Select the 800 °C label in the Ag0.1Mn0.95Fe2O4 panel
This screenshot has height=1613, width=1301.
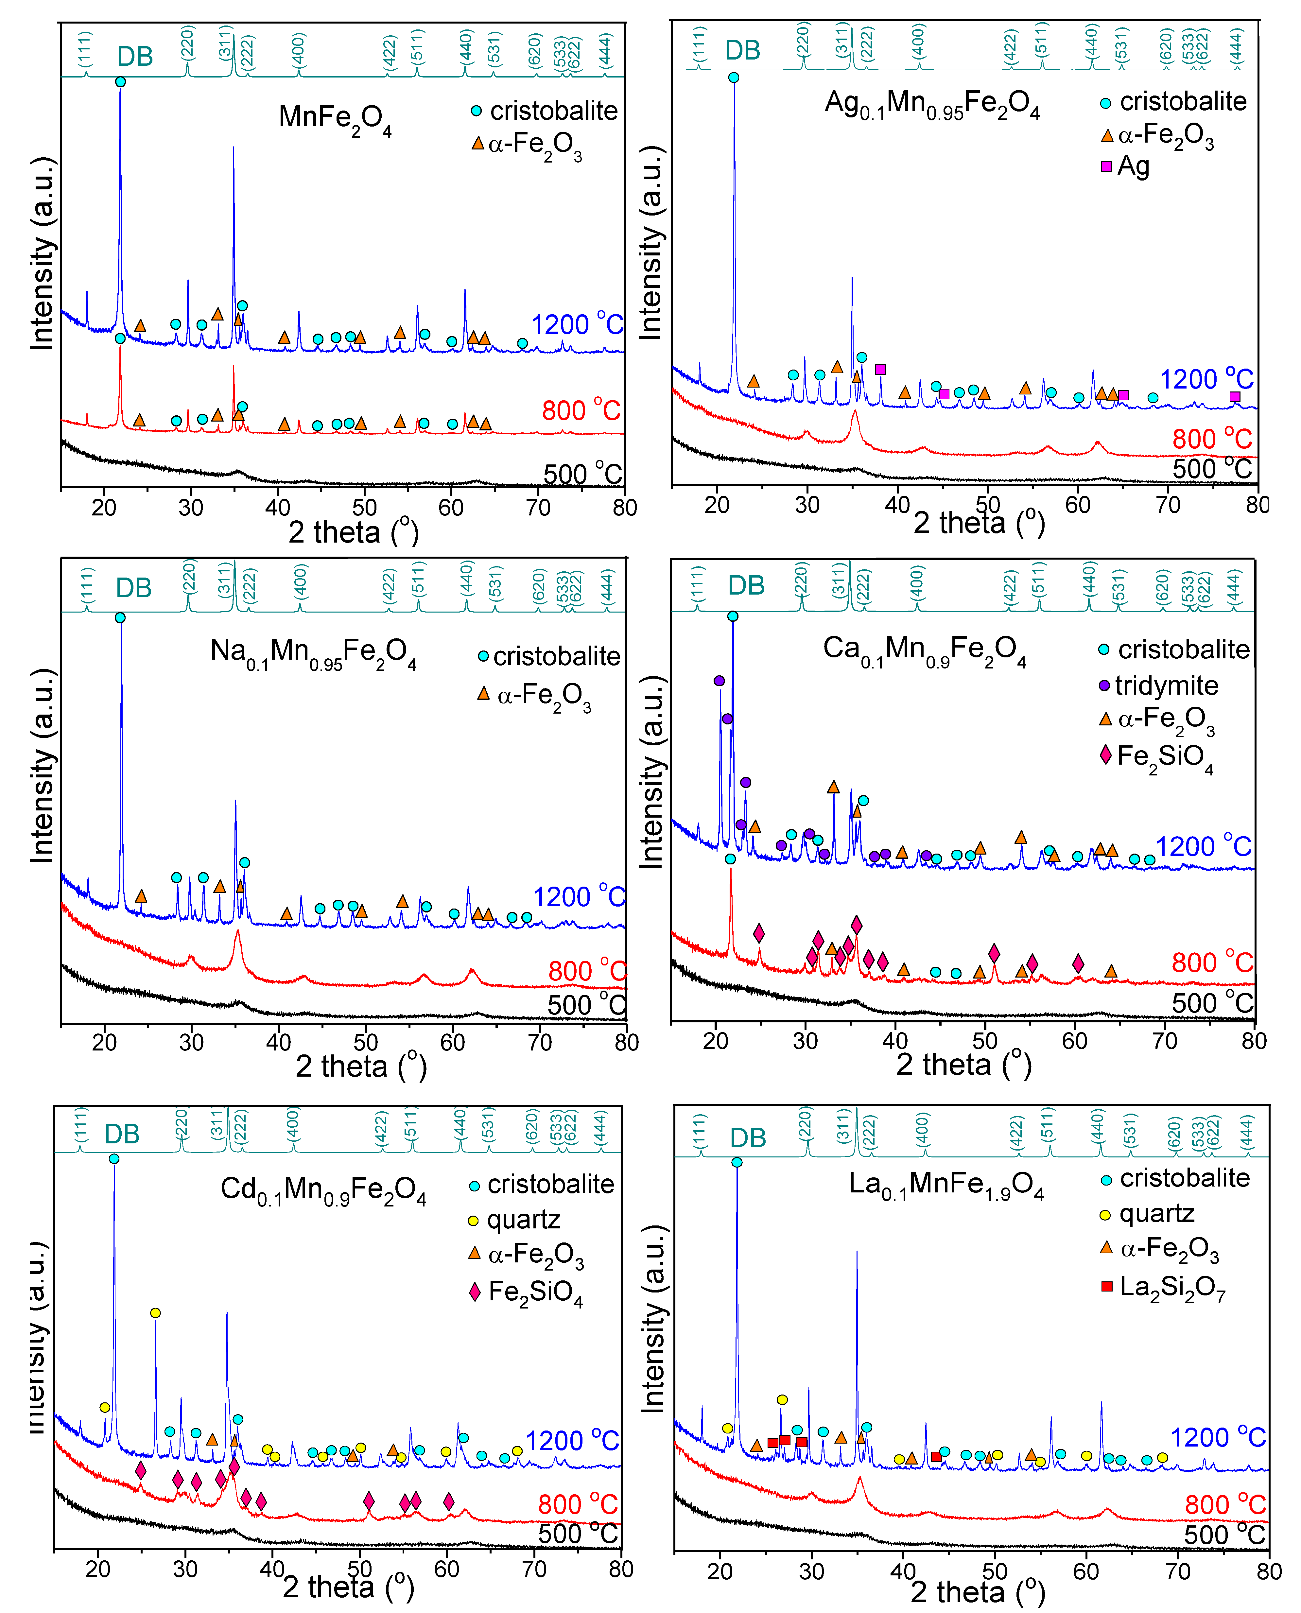coord(1212,439)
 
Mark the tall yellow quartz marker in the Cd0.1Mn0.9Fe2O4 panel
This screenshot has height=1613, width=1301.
coord(155,1312)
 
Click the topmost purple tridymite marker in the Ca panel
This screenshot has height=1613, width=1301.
coord(720,681)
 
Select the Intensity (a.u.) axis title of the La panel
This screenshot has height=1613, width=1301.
coord(652,1319)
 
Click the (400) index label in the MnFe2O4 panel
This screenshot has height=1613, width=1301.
coord(298,49)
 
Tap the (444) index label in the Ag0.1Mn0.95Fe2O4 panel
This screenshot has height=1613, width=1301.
coord(1237,45)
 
